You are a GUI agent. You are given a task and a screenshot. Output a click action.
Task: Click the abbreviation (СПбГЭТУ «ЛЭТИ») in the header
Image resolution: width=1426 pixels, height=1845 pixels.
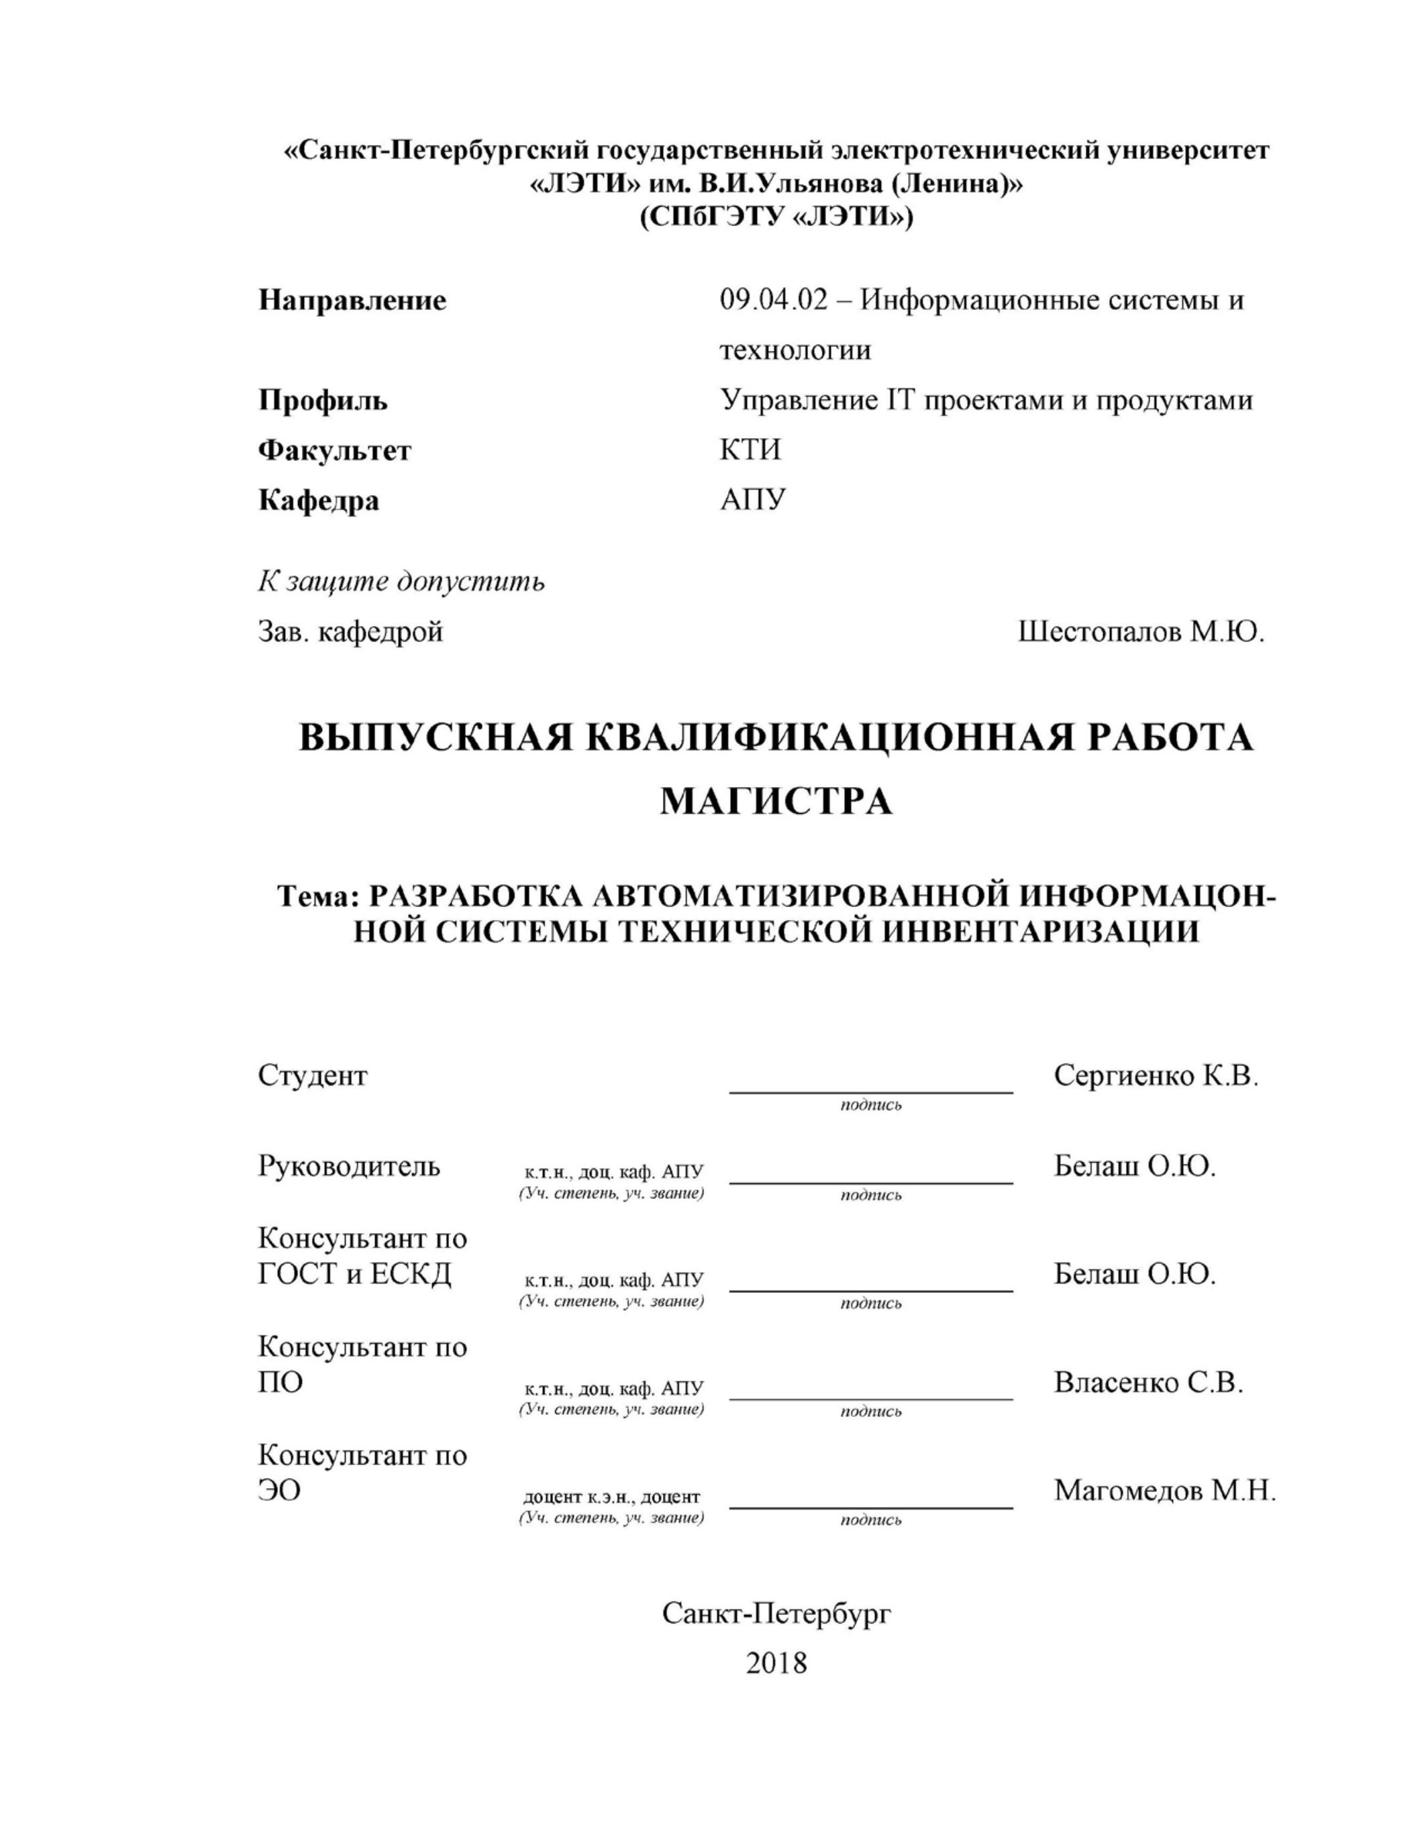pos(776,218)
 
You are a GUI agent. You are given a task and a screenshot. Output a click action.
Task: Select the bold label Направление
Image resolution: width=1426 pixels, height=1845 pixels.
pos(352,301)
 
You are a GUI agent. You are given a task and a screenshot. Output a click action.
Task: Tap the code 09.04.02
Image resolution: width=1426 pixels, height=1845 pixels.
pos(774,301)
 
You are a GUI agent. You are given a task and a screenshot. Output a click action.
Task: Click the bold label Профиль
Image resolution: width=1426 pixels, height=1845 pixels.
pos(323,401)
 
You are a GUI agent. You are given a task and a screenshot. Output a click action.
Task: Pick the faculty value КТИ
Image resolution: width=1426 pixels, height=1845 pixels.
pos(750,450)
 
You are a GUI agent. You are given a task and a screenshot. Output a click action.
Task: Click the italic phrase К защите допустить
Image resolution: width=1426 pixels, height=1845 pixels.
pos(401,582)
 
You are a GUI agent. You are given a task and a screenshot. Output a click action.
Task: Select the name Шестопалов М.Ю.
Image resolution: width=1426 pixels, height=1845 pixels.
pos(1141,632)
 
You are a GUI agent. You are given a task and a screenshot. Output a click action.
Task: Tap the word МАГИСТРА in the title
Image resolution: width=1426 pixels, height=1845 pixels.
pos(776,801)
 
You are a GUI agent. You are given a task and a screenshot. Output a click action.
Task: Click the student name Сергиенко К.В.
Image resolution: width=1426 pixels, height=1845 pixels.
pos(1156,1075)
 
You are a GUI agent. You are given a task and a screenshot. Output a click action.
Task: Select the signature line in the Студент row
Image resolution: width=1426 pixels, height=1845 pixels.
pos(871,1092)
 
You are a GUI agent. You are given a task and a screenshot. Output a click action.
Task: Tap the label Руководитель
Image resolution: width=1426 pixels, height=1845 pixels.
pos(349,1167)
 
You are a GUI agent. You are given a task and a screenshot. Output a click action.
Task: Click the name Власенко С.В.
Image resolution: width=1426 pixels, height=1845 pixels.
pos(1148,1383)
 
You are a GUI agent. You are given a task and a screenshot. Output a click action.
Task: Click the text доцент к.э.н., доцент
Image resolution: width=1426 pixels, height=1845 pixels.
pos(611,1497)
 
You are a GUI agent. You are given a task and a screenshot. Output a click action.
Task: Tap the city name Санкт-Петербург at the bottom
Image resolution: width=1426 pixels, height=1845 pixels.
pos(776,1614)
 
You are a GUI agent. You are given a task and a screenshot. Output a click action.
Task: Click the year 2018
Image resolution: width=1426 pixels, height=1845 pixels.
pos(776,1663)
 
